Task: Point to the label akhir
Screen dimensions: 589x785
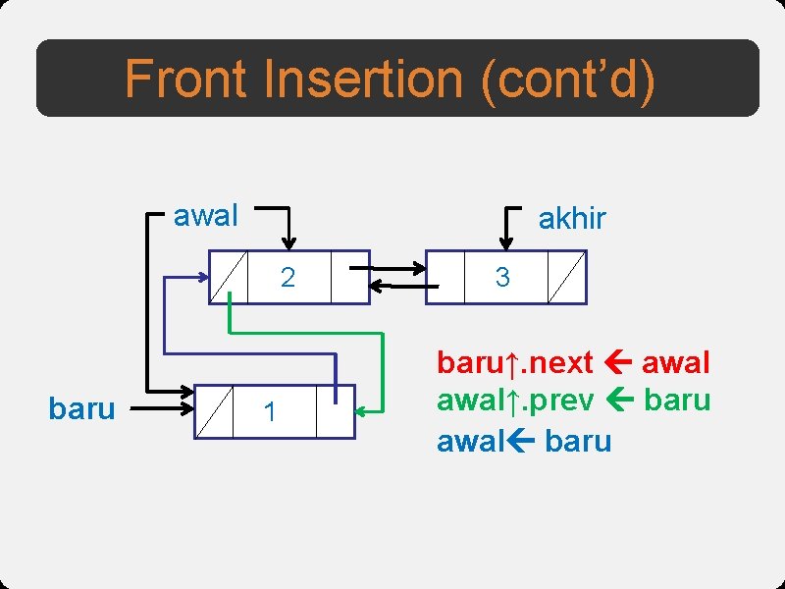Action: click(x=572, y=219)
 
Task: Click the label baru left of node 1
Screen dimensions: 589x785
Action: click(x=81, y=408)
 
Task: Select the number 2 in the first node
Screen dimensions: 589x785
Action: click(x=288, y=278)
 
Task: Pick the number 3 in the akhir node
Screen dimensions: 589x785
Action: click(x=502, y=278)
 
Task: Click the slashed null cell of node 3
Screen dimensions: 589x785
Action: click(x=566, y=278)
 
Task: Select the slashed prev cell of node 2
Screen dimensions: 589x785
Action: click(x=229, y=278)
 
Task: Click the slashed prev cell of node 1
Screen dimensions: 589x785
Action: click(x=214, y=411)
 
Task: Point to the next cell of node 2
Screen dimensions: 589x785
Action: click(x=349, y=278)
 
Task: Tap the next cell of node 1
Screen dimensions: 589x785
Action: click(x=335, y=411)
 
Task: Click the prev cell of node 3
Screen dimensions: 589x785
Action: click(x=445, y=278)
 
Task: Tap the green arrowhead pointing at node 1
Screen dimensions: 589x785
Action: click(x=362, y=410)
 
